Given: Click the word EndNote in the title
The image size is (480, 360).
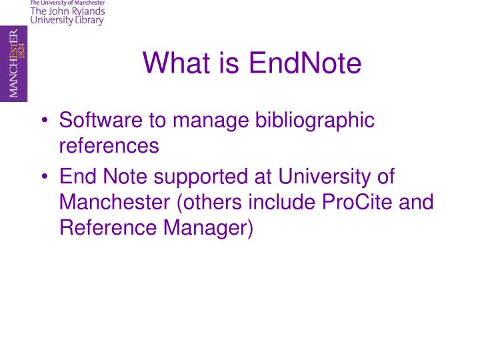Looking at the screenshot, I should click(305, 64).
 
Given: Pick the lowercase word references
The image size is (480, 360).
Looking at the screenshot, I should click(109, 145).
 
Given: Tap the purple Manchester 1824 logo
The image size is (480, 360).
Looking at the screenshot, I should click(14, 64).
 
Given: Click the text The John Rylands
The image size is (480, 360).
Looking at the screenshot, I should click(67, 11).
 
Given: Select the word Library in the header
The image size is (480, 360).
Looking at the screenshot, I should click(89, 21).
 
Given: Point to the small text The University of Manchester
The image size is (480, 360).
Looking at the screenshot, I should click(67, 3).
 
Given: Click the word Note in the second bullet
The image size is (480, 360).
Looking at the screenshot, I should click(128, 177).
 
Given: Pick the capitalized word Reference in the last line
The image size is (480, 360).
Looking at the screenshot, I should click(107, 227).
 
